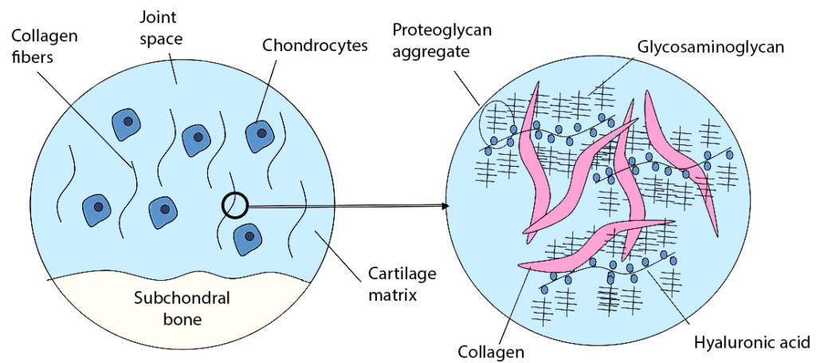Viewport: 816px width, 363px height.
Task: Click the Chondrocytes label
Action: pos(316,45)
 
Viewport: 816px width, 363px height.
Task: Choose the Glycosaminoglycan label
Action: pos(711,47)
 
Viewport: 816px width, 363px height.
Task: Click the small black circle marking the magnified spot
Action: pos(236,205)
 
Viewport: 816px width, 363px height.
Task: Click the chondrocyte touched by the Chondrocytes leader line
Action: pos(259,135)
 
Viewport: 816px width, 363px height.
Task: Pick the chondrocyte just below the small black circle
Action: pos(249,237)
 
